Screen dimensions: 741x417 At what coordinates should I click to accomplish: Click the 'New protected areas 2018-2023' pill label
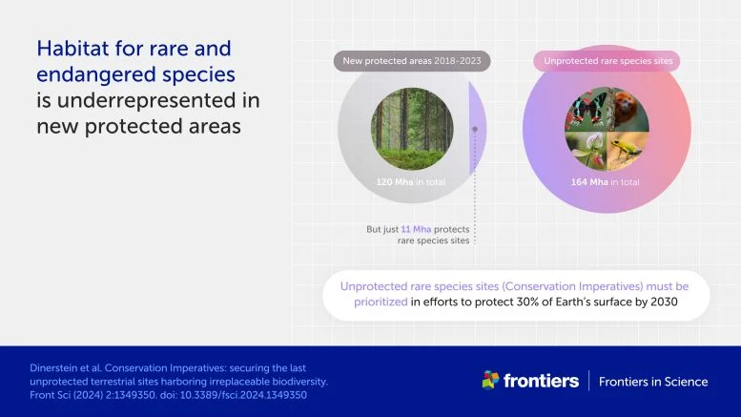[x=412, y=61]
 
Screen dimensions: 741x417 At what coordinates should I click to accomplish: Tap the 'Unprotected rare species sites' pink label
[x=607, y=61]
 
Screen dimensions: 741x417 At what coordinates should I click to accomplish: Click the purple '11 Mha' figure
[x=416, y=229]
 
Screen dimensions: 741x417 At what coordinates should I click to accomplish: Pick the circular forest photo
[x=412, y=129]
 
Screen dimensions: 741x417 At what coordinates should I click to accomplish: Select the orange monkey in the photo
[x=627, y=109]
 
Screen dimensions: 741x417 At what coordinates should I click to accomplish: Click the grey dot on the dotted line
[x=475, y=129]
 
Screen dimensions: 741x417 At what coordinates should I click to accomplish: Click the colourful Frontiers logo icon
[x=490, y=380]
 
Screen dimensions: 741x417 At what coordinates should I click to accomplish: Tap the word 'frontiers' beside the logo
[x=541, y=381]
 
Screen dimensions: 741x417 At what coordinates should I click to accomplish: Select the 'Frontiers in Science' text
[x=653, y=382]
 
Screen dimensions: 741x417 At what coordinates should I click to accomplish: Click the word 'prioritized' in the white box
[x=381, y=302]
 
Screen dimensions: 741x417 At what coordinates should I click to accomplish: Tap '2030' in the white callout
[x=664, y=302]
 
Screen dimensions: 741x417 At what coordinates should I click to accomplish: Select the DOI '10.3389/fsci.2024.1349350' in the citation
[x=243, y=395]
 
